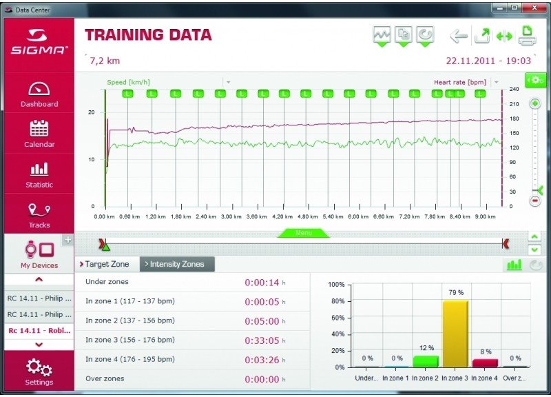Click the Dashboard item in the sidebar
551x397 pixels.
coord(39,94)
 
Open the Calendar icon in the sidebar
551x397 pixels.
coord(39,128)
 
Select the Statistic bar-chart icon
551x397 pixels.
coord(39,169)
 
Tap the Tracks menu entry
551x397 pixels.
coord(39,216)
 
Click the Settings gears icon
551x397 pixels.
coord(39,367)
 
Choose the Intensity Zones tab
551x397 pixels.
coord(177,264)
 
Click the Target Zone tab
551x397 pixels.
coord(105,264)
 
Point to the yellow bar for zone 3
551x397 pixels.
coord(455,334)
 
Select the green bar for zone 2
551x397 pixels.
coord(426,361)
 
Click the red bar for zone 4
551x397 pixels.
coord(485,363)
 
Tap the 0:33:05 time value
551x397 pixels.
coord(262,340)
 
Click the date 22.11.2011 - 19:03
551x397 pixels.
coord(488,61)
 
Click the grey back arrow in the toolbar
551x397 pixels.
coord(459,36)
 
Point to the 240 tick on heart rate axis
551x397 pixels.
coord(514,90)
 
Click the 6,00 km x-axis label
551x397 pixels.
coord(358,216)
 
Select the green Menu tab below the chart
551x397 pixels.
coord(304,233)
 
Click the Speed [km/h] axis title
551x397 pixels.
coord(128,82)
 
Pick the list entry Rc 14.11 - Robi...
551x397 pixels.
coord(39,331)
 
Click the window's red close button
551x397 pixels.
coord(534,8)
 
